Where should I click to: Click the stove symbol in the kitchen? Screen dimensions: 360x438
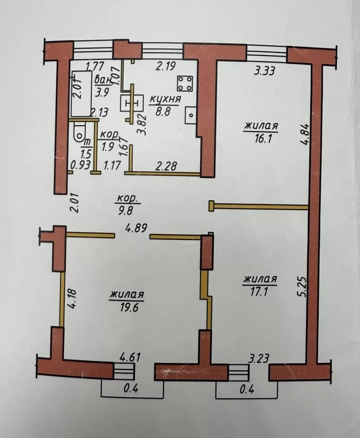184,83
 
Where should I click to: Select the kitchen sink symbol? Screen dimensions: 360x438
191,115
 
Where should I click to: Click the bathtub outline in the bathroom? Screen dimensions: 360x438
82,94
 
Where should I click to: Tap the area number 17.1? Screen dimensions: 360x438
260,292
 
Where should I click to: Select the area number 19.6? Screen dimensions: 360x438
128,307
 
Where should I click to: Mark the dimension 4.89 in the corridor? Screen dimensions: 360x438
136,228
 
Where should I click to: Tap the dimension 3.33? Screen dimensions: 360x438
265,71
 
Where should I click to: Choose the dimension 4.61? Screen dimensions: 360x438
130,357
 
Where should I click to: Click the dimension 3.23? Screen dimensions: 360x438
259,358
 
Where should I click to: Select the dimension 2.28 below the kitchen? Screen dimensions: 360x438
166,166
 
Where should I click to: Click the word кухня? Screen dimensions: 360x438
165,99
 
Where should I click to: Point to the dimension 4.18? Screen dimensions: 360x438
72,298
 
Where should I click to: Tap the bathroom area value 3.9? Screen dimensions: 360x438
102,93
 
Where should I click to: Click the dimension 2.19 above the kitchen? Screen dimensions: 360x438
166,66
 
